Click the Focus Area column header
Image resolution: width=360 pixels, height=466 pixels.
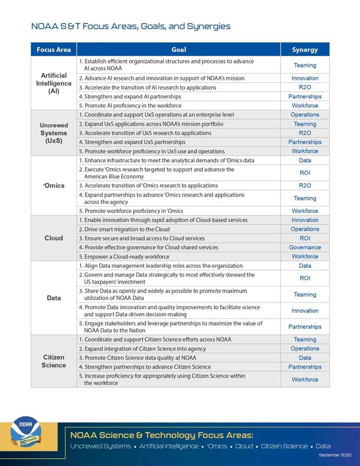click(54, 50)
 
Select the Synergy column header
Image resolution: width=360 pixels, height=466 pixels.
click(305, 50)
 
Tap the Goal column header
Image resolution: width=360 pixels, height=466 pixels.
click(178, 50)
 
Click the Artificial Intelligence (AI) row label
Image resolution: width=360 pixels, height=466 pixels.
click(54, 83)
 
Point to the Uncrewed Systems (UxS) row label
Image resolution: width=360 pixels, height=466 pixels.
click(54, 133)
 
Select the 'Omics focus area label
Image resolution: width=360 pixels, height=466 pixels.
click(54, 185)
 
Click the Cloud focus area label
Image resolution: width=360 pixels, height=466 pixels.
click(54, 238)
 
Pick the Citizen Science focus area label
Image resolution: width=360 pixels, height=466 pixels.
click(54, 361)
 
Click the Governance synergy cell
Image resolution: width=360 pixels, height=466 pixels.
click(305, 247)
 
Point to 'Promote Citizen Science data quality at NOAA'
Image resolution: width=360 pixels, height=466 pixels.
click(140, 358)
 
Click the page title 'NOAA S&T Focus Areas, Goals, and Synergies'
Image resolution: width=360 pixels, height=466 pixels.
click(131, 26)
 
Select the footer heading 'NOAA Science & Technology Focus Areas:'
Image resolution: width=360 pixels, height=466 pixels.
click(162, 435)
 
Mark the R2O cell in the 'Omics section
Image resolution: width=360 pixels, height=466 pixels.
click(305, 185)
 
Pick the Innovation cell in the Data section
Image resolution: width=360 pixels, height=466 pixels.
click(305, 311)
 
